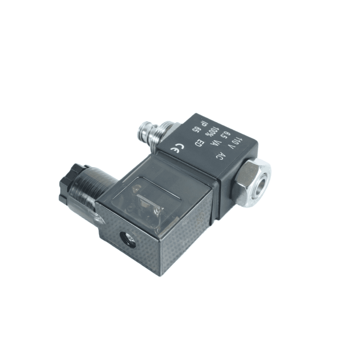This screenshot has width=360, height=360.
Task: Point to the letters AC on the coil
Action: (218, 156)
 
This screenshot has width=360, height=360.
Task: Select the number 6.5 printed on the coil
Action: (226, 134)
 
